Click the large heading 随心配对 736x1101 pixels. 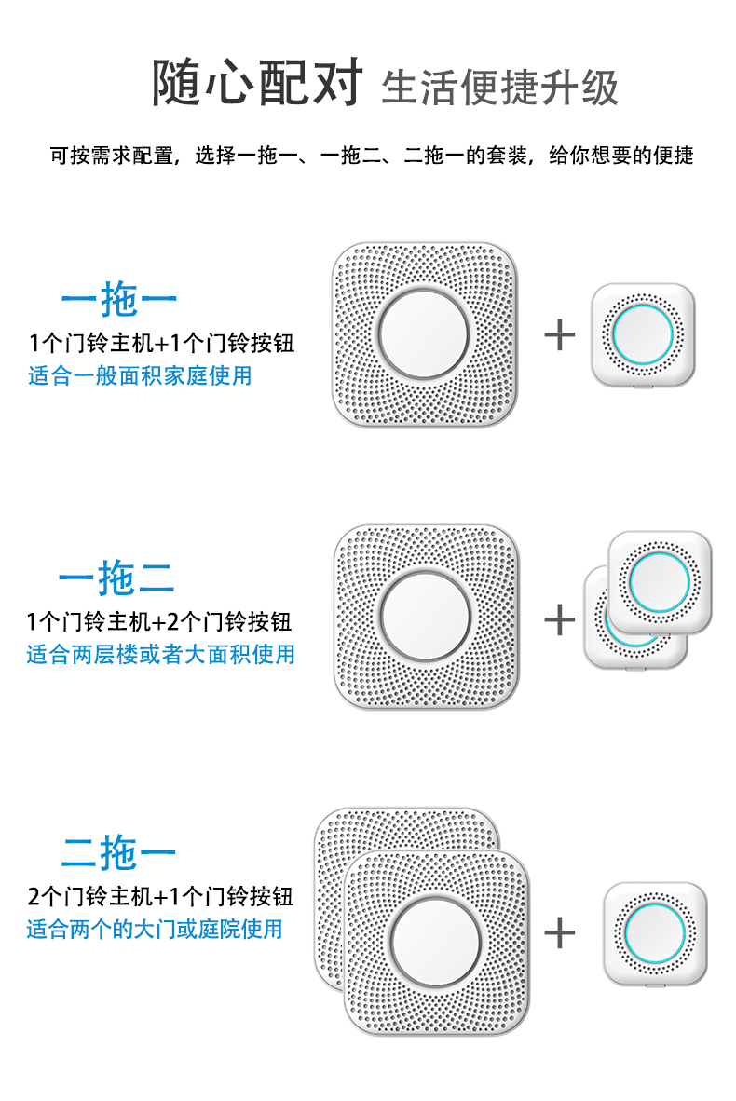point(257,83)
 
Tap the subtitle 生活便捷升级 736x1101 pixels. point(499,88)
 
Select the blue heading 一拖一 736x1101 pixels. point(118,299)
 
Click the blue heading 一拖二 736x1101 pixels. point(116,578)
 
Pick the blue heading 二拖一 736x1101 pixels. point(118,852)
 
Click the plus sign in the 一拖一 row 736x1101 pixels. point(560,334)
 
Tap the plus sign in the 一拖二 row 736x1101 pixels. point(560,619)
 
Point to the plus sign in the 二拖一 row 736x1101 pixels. point(560,932)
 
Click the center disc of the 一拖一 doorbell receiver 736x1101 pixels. point(424,334)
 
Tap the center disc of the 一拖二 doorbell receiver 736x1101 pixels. point(426,616)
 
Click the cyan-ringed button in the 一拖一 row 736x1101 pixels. point(643,335)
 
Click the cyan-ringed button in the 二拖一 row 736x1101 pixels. point(655,934)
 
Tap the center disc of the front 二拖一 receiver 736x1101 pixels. point(436,942)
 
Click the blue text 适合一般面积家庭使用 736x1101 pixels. point(140,375)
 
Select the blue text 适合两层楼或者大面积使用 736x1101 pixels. point(161,655)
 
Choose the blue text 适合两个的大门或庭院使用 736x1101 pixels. point(155,929)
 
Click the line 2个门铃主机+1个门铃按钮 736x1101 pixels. point(160,896)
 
